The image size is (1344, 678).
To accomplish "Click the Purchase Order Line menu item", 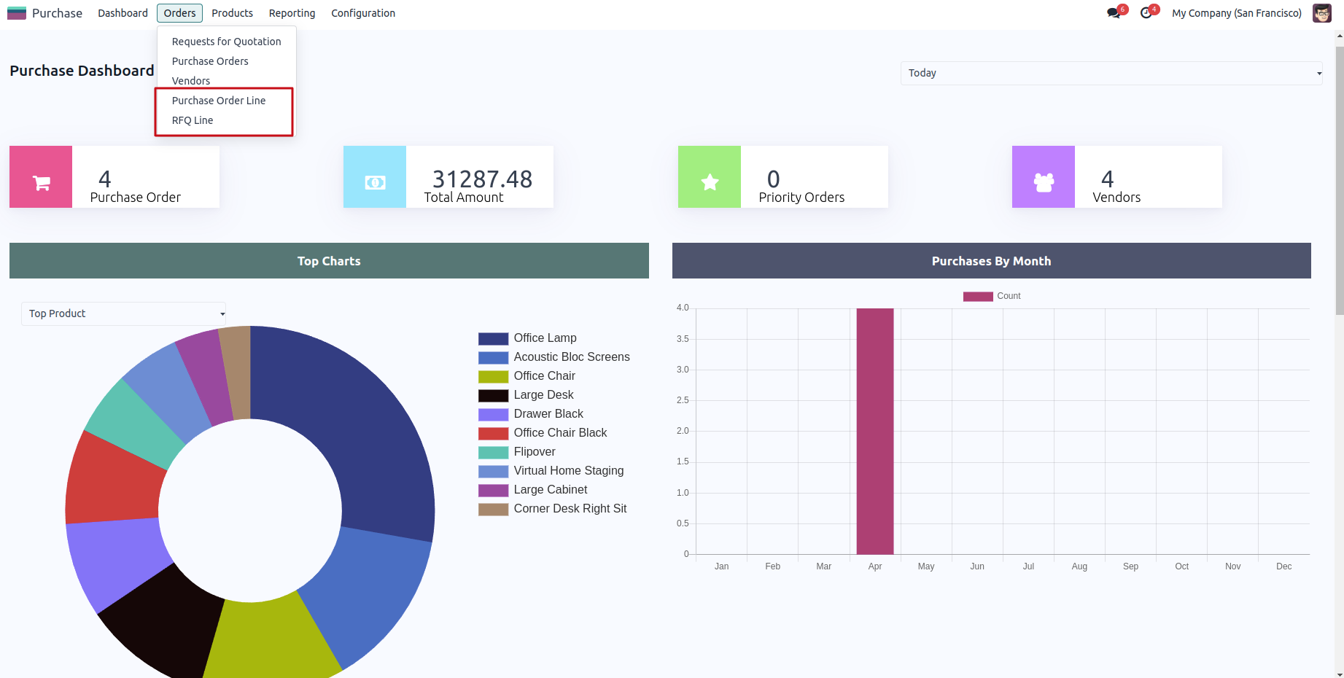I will (x=219, y=101).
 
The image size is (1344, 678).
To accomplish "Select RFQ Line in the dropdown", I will (x=193, y=120).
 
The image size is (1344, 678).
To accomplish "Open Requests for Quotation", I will (x=226, y=42).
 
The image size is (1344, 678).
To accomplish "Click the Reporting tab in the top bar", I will (x=292, y=13).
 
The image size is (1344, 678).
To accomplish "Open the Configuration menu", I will (x=363, y=13).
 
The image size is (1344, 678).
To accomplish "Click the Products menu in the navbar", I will (x=232, y=13).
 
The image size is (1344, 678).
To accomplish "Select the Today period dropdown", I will (x=1111, y=73).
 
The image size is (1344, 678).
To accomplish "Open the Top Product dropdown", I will (x=123, y=313).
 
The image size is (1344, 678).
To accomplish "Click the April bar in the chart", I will (x=874, y=430).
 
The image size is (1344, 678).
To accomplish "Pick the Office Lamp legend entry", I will (x=545, y=338).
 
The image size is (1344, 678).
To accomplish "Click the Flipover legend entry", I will (x=534, y=452).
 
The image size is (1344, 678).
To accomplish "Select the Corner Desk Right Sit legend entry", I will (x=570, y=509).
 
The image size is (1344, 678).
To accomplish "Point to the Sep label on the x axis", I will (x=1130, y=566).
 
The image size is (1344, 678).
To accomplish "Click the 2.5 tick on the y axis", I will (x=683, y=400).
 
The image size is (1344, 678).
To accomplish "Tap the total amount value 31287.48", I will (x=482, y=179).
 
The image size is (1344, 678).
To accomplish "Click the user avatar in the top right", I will (x=1321, y=13).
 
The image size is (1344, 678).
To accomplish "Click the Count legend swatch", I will (x=978, y=296).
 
